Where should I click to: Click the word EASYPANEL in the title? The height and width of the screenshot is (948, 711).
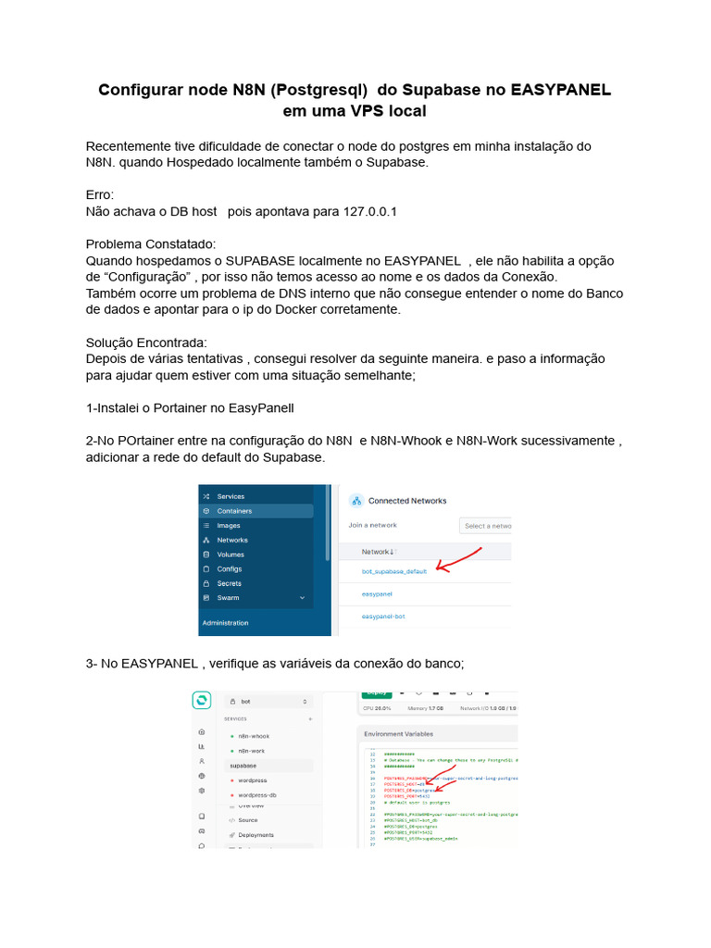560,90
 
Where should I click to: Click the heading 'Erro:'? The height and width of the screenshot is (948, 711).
99,195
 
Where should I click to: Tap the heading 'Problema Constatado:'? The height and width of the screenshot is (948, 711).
150,244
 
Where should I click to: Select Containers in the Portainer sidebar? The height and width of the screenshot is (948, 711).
233,511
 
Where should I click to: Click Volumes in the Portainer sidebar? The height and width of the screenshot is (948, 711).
231,555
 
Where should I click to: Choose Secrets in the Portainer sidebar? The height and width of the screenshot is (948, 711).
229,583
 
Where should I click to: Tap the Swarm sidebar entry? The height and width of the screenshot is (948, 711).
228,598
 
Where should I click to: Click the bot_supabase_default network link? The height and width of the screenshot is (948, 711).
394,571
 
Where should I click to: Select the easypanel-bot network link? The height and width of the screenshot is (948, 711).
383,616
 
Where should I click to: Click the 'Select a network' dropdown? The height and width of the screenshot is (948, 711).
486,526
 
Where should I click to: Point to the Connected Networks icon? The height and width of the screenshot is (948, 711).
355,501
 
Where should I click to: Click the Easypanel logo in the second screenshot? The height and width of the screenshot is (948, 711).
201,701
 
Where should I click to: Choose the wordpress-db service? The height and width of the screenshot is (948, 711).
256,795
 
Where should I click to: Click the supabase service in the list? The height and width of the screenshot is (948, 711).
243,766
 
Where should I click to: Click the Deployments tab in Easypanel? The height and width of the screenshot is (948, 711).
256,835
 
